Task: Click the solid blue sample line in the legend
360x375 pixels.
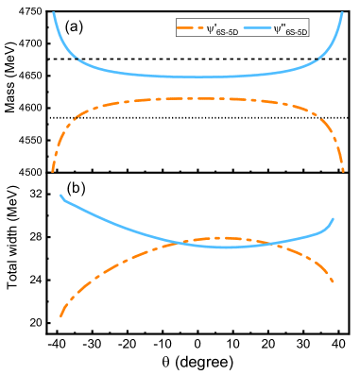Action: point(258,29)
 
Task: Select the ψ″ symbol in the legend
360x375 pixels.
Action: point(279,29)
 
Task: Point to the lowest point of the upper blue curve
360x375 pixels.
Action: point(194,77)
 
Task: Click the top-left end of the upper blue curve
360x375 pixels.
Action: point(53,12)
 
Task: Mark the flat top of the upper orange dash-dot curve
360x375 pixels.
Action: point(194,98)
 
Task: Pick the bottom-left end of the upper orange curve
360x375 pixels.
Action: point(52,171)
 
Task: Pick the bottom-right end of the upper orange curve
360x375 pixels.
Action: point(343,171)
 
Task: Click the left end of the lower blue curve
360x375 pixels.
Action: point(61,196)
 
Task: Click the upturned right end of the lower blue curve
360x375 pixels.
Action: point(334,219)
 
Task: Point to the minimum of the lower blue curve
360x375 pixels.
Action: point(223,247)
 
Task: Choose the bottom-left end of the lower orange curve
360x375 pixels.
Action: point(60,316)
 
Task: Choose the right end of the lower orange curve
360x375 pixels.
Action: point(334,281)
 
